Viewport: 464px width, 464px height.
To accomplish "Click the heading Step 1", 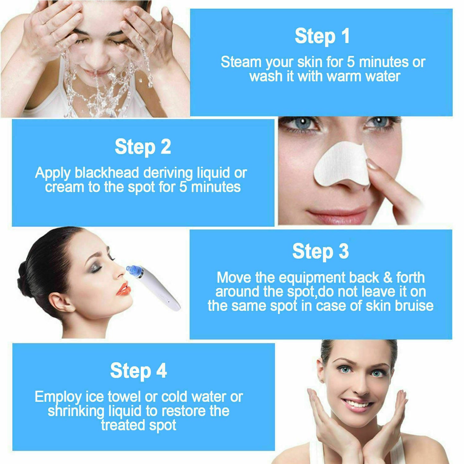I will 322,36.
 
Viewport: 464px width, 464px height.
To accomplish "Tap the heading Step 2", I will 143,147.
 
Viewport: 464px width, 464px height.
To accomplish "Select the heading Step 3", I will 320,251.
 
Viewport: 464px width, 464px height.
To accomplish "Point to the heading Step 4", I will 138,371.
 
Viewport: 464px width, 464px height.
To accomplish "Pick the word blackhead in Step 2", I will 107,173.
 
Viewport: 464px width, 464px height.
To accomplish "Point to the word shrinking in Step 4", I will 76,411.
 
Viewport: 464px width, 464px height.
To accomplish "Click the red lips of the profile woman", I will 123,289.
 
